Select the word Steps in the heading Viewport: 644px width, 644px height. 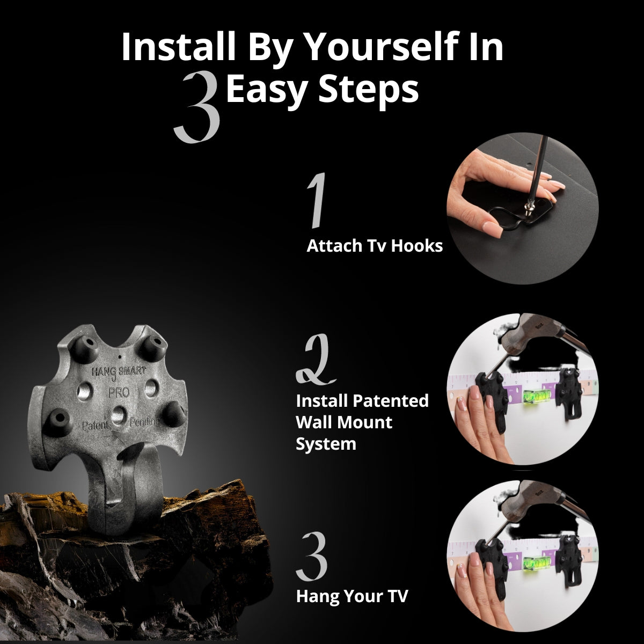click(x=369, y=90)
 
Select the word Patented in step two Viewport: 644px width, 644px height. click(x=390, y=401)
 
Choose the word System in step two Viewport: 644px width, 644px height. click(x=326, y=444)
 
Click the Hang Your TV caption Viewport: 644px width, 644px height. click(x=352, y=596)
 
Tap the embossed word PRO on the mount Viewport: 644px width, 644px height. click(x=119, y=392)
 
